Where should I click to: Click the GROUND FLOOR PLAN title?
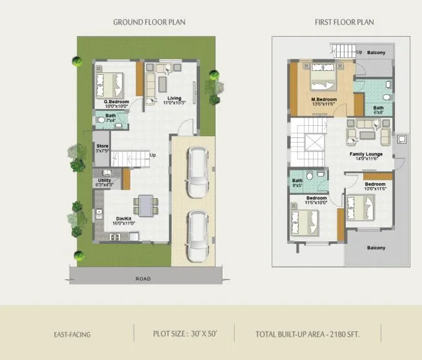(149, 22)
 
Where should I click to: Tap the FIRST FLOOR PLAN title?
(344, 22)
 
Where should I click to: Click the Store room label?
(102, 146)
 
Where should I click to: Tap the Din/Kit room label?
(125, 219)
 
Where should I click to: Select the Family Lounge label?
(366, 155)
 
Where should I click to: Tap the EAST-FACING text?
(72, 335)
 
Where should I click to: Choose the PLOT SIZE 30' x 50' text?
(184, 335)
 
